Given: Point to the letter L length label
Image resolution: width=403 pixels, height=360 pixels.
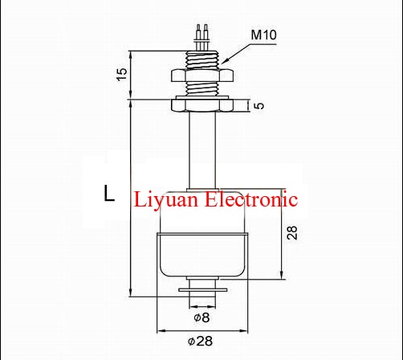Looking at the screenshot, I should [108, 194].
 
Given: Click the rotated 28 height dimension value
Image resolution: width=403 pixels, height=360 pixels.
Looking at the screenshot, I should [293, 232].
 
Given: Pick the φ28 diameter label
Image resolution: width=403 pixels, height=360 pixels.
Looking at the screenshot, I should [202, 341].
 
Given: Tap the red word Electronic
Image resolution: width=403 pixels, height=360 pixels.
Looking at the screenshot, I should [254, 198].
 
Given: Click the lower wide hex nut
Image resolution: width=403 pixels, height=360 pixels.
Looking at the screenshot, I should [201, 104].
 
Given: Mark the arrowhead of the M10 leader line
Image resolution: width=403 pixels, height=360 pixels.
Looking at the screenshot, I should [223, 63].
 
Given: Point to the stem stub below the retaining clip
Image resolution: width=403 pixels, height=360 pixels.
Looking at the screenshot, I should [201, 299].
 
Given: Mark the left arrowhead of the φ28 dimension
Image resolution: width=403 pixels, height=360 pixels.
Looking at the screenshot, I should [158, 329].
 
